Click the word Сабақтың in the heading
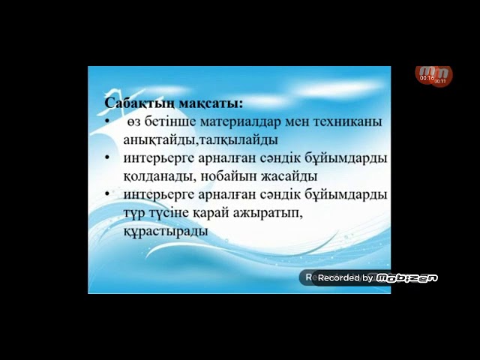(136, 101)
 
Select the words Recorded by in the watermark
(345, 278)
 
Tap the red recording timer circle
(434, 74)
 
